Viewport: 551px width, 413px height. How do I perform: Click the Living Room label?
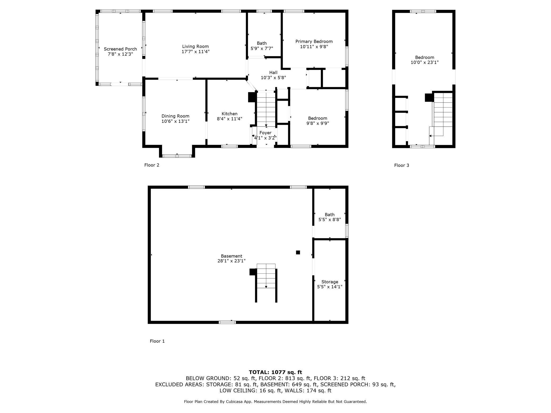[195, 46]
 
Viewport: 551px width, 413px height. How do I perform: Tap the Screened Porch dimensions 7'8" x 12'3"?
[120, 54]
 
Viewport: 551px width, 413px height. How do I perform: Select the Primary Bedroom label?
[314, 41]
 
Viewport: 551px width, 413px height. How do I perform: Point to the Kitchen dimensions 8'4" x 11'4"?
[229, 119]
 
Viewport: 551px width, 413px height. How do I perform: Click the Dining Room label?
[175, 116]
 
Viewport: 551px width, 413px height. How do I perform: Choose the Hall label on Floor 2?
[273, 73]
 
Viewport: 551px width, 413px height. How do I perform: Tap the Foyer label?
[265, 133]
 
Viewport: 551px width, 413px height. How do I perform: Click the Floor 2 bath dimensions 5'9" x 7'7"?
[262, 48]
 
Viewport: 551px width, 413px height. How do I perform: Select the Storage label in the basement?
[330, 282]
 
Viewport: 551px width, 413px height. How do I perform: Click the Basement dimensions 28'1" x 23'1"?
[231, 261]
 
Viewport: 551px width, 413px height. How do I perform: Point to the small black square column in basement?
[298, 252]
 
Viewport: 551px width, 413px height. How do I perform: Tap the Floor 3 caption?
[401, 165]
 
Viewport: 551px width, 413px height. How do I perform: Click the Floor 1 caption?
[157, 341]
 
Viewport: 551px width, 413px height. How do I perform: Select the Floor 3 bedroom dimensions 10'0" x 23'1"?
[424, 62]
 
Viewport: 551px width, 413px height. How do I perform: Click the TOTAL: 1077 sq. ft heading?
[275, 372]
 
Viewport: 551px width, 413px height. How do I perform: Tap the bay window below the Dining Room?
[177, 156]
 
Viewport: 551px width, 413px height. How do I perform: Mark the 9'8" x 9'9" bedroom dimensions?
[318, 123]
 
